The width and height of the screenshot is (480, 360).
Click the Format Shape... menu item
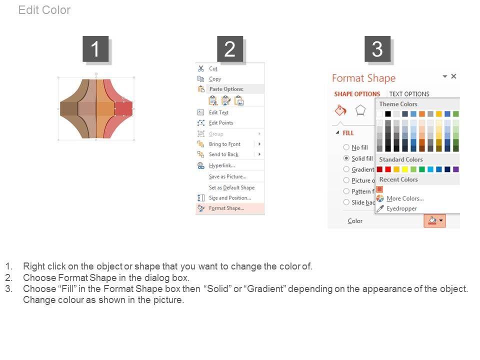click(226, 208)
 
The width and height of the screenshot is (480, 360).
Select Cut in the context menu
click(213, 68)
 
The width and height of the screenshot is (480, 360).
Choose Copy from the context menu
click(215, 79)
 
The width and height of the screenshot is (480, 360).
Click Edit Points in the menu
click(220, 123)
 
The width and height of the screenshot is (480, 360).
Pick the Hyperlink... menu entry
click(221, 165)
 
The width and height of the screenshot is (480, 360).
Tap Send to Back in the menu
click(223, 154)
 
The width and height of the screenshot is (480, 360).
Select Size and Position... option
click(230, 198)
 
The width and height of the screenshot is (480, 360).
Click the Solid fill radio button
click(346, 158)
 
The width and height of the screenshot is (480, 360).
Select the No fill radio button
click(346, 147)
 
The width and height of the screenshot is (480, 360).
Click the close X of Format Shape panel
click(453, 76)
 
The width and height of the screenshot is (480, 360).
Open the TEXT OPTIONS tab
click(409, 94)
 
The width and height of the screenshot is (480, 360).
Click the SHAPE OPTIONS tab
click(357, 94)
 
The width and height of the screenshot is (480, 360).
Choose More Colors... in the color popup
click(405, 198)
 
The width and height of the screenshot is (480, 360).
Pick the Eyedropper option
click(401, 208)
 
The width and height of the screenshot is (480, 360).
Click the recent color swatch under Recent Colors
click(380, 189)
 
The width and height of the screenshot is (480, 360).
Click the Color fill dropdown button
click(434, 220)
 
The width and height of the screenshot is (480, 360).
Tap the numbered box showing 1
click(95, 49)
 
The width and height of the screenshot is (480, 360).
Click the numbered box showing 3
click(377, 49)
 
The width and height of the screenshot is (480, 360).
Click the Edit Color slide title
click(44, 10)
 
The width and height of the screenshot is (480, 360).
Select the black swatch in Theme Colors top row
click(388, 114)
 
